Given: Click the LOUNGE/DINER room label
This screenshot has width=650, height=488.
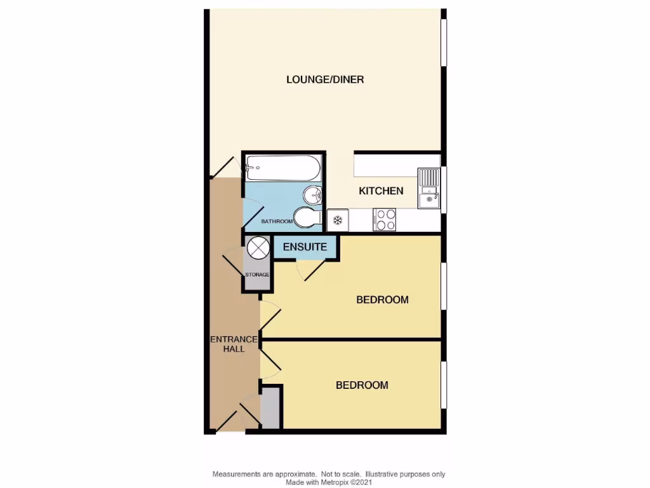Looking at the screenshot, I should coord(324,79).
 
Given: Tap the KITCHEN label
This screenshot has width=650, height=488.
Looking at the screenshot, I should coord(381,191).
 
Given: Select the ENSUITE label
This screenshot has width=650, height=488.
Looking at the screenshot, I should coord(305,247).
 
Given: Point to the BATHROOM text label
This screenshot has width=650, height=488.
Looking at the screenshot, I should coord(277,221).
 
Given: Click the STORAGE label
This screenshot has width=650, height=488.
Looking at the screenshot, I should coord(258,274).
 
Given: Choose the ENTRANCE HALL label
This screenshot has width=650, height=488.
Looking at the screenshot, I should coord(234,344).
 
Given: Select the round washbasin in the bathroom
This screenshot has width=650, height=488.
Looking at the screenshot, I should coord(312,194).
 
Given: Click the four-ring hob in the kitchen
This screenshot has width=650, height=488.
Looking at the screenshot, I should coord(385,220).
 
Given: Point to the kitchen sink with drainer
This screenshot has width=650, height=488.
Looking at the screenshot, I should coord(428,188).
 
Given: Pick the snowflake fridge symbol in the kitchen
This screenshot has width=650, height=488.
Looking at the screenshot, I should coord(338,220).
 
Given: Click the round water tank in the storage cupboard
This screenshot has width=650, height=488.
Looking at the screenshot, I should coord(258,248).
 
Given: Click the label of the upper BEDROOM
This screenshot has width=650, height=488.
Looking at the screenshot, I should coord(381,300).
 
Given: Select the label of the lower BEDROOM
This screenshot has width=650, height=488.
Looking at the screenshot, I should coord(361,385).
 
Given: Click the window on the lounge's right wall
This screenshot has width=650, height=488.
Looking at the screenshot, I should coord(444,42).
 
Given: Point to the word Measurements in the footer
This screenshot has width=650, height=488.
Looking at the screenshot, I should coord(237,475).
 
